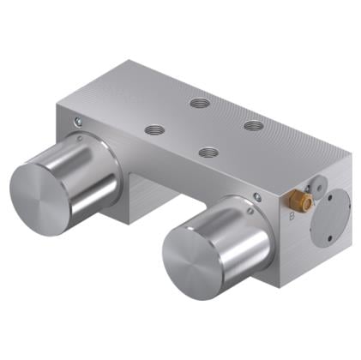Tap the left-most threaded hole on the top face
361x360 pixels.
tap(154, 129)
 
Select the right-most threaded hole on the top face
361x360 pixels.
tap(253, 125)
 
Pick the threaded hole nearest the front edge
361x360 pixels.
tap(207, 153)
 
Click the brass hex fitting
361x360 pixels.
tap(303, 203)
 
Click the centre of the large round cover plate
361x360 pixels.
tap(333, 218)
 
